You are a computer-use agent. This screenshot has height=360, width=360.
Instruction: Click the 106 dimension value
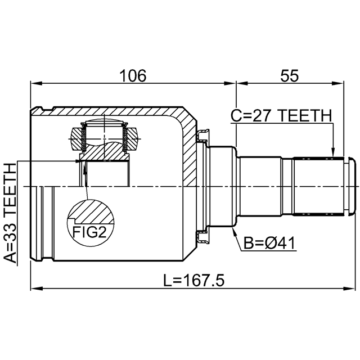133,75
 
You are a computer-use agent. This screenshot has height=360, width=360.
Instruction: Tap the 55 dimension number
290,75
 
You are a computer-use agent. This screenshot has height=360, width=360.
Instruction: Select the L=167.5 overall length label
193,280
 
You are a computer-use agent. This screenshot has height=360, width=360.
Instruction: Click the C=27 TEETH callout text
281,115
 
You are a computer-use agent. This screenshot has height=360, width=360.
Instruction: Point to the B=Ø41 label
269,243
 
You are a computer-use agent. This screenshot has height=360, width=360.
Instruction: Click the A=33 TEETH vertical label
11,213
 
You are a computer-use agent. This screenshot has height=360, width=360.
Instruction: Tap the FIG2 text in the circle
89,232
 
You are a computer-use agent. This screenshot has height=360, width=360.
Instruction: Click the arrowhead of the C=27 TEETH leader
333,153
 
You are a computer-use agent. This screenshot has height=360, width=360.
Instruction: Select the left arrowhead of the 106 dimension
36,83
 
